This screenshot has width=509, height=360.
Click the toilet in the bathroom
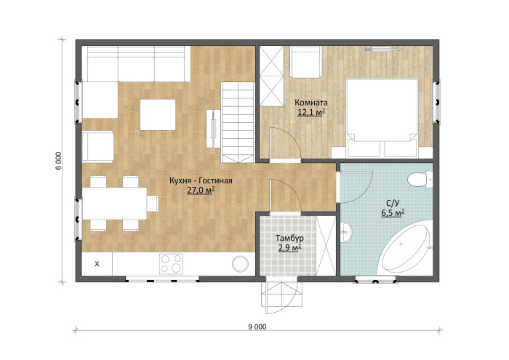pos(420,180)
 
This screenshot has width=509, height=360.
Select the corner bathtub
pos(406,248)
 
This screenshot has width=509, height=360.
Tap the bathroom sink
pos(346,232)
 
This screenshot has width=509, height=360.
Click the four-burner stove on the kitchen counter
pos(171,263)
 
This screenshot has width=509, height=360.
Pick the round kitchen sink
pos(240,263)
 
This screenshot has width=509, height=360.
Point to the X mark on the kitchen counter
pos(97,264)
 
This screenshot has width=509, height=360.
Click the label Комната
pos(311,103)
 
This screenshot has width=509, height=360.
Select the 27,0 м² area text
pos(201,191)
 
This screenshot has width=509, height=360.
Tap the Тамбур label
pos(289,238)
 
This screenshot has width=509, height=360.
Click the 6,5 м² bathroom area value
pos(393,213)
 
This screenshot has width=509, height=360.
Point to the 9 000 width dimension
pos(257,327)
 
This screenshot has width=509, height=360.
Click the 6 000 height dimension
pos(58,161)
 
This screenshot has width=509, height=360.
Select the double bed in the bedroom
pos(382,118)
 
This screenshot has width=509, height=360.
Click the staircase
pos(238,122)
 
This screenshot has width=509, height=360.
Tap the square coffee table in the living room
pos(158,115)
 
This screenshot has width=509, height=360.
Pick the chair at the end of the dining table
pos(153,203)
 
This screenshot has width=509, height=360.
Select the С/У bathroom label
pos(393,203)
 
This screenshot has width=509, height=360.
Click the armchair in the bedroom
pos(305,62)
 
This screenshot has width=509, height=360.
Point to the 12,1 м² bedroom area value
pos(311,112)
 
